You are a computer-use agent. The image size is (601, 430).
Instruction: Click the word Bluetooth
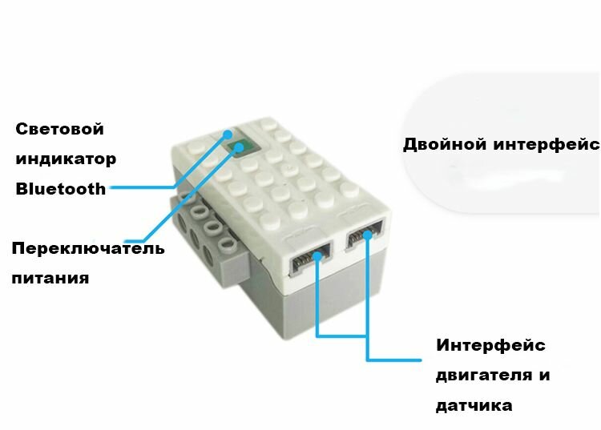click(x=61, y=189)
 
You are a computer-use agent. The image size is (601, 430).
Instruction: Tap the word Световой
click(x=60, y=129)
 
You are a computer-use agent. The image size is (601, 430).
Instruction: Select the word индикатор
click(x=66, y=159)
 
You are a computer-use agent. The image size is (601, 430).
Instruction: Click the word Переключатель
click(x=88, y=248)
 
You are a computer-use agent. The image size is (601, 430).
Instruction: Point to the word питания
click(x=50, y=278)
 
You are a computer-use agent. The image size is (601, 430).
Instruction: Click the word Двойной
click(x=445, y=144)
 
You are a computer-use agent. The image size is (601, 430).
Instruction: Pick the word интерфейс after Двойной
click(x=546, y=145)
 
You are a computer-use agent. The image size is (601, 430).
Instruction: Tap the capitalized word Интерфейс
click(x=490, y=345)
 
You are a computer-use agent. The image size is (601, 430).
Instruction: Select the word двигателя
click(x=484, y=376)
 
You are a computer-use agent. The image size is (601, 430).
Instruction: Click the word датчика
click(x=474, y=405)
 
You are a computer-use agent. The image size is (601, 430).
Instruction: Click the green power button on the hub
click(x=240, y=147)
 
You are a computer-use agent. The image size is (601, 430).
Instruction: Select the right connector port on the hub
click(x=365, y=235)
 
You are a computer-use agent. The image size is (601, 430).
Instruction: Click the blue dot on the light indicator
click(x=228, y=135)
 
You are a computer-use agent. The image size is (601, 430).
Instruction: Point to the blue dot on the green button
click(x=240, y=147)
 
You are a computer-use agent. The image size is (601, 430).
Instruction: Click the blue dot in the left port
click(x=317, y=255)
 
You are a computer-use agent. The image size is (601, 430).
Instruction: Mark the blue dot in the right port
click(x=368, y=235)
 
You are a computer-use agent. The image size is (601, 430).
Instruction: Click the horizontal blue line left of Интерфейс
click(x=394, y=360)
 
